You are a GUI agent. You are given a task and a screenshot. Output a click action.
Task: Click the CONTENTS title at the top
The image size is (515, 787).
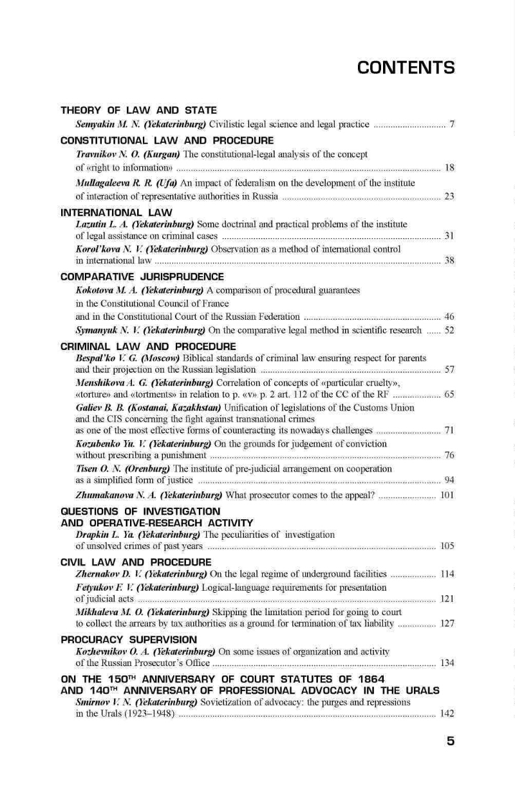pyautogui.click(x=406, y=68)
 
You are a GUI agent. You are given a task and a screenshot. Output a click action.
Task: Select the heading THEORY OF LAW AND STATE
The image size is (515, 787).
pyautogui.click(x=138, y=111)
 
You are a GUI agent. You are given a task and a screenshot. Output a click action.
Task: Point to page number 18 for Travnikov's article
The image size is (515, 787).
pyautogui.click(x=449, y=168)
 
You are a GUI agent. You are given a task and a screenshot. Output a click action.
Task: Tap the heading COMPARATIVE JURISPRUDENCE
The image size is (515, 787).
pyautogui.click(x=142, y=277)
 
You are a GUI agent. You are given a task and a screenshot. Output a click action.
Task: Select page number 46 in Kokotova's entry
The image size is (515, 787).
pyautogui.click(x=449, y=317)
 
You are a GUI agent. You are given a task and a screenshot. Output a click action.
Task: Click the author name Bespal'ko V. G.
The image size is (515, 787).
pyautogui.click(x=106, y=357)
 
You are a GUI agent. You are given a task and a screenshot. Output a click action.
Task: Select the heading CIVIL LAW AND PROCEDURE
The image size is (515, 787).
pyautogui.click(x=136, y=562)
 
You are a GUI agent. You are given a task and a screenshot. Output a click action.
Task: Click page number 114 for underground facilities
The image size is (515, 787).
pyautogui.click(x=447, y=574)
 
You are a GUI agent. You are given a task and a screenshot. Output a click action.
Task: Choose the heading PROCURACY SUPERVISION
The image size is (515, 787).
pyautogui.click(x=129, y=640)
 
